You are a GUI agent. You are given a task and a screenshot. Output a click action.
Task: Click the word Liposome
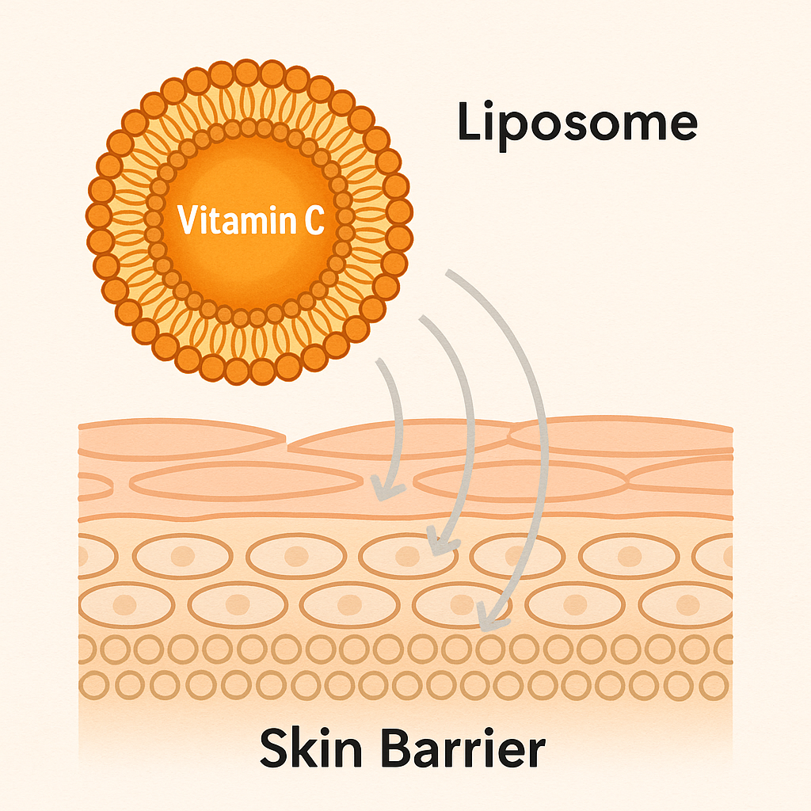tap(577, 124)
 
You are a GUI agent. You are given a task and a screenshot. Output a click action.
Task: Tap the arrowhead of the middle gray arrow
tap(435, 546)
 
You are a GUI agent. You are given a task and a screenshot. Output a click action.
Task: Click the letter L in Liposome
tap(468, 124)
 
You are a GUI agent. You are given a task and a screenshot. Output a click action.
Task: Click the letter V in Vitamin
tap(188, 220)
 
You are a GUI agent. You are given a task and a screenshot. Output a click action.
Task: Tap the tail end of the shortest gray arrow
tap(381, 361)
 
